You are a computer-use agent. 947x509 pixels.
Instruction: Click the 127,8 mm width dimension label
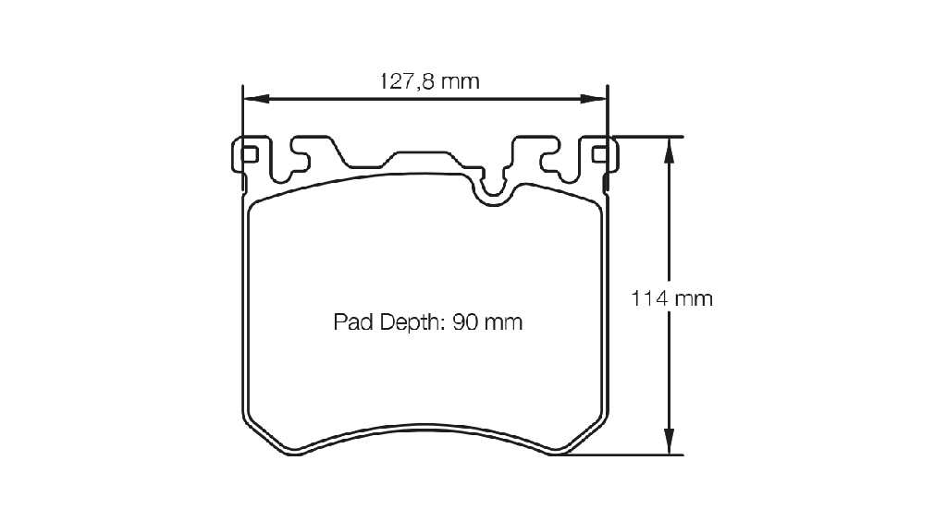429,80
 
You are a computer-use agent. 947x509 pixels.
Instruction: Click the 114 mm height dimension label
671,298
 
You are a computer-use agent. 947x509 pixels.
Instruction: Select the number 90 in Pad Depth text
465,322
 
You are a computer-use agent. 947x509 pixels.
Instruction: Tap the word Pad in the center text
353,322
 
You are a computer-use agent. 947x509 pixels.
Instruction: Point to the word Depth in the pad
412,322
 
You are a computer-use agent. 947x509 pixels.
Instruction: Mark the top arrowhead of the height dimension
669,151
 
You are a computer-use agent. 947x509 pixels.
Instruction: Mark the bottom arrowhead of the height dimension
669,441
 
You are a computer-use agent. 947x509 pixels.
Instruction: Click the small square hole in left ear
250,155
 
